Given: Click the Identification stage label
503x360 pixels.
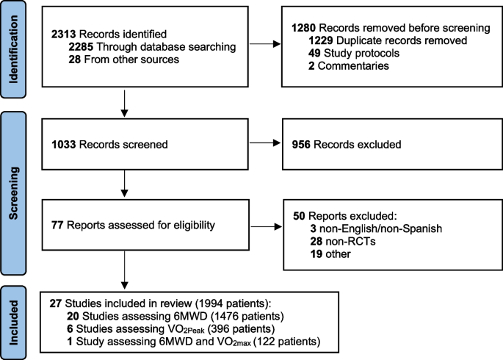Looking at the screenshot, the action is tap(13, 49).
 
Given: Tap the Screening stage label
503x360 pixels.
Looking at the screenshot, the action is tap(13, 193).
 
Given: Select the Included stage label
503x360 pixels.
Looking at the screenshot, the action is tap(13, 323).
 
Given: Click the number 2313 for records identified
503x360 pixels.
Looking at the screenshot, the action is tap(63, 34).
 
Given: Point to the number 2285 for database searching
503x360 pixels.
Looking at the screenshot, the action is tap(81, 47).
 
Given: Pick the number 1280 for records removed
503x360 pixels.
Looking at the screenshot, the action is tap(304, 28).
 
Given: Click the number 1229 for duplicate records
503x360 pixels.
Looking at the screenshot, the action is tap(321, 40).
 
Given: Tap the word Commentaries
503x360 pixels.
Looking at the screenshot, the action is tap(353, 66).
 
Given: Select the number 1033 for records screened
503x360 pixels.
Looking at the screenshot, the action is tap(64, 145).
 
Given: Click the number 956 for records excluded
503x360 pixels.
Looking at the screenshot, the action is tap(301, 145).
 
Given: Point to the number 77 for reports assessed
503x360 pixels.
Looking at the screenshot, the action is tap(57, 226).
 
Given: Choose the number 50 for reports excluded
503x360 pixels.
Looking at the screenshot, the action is tap(299, 216).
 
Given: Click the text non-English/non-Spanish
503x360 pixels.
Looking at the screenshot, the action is tap(381, 228).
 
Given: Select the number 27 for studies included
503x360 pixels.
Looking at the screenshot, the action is tap(56, 303).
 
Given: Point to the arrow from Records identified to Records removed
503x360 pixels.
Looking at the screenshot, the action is tap(265, 44).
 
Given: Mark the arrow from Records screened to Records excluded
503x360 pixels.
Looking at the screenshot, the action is tap(265, 143).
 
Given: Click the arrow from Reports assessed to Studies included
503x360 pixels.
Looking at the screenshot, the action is tap(125, 270).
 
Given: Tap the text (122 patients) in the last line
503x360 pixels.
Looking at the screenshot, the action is tap(287, 342).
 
